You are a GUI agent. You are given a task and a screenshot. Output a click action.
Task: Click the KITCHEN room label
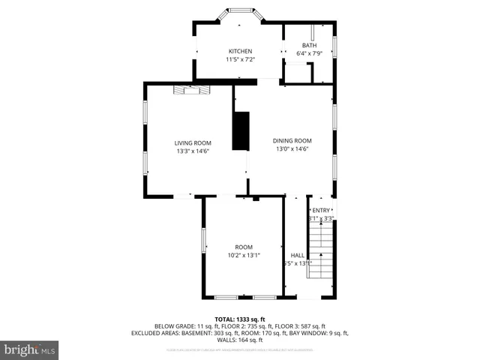point(240,51)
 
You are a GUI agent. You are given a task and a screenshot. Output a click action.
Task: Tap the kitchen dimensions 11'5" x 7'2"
point(240,59)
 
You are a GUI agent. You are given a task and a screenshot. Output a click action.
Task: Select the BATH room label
point(309,45)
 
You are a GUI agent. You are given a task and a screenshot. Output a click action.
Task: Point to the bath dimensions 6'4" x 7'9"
point(309,53)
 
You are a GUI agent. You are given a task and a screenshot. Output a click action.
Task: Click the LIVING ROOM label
point(193,142)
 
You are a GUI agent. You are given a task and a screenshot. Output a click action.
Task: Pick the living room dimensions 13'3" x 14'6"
point(193,151)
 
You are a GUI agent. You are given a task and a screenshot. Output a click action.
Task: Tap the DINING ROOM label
point(292,140)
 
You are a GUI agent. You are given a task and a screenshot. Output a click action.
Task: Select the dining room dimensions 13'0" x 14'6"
point(292,148)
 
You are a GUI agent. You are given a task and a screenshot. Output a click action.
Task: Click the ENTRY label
point(321,210)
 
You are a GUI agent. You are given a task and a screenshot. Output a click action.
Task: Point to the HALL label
point(297,255)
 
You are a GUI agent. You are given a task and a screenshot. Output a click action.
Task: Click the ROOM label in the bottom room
point(244,247)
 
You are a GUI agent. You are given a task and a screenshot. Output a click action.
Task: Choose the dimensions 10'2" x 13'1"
point(244,255)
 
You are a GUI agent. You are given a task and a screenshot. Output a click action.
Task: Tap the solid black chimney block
point(241,130)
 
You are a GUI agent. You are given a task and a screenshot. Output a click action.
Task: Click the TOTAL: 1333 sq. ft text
point(240,319)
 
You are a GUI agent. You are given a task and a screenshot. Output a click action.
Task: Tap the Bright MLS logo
point(30,349)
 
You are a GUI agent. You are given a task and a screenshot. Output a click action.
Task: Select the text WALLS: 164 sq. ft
point(240,339)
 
